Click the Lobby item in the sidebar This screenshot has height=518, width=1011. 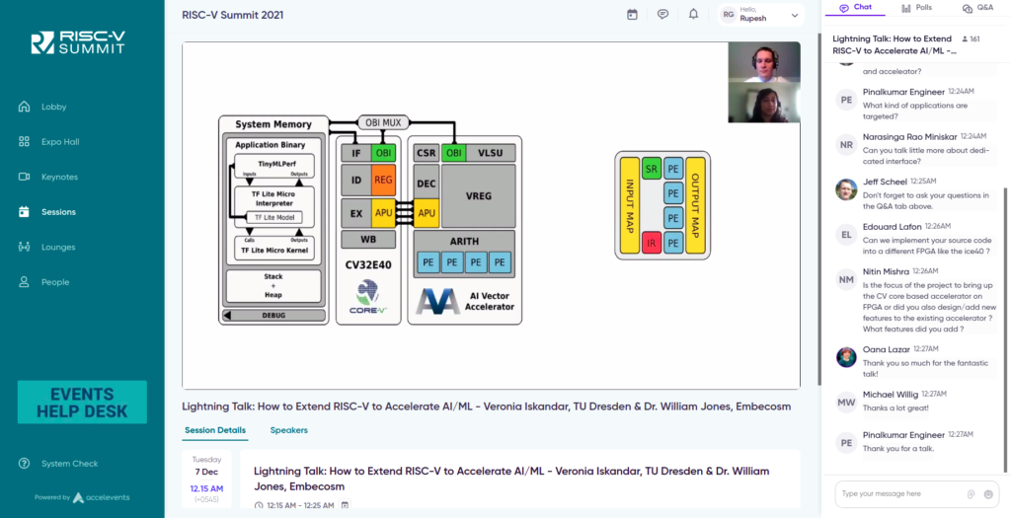point(53,107)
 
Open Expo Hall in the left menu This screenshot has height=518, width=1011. point(59,142)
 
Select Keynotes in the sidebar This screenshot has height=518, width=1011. point(59,177)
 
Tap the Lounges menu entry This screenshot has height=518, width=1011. point(58,247)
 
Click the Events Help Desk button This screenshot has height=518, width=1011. point(82,403)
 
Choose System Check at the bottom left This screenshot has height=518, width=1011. point(69,464)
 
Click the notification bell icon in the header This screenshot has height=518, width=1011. point(693,15)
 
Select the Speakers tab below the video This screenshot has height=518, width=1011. point(289,430)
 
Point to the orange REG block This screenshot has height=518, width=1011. point(383,181)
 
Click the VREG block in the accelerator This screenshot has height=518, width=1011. point(478,195)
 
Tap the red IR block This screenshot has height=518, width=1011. point(652,242)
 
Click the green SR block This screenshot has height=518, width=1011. point(652,168)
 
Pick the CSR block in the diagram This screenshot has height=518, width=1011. point(426,153)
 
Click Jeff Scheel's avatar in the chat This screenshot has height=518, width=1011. point(846,189)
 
